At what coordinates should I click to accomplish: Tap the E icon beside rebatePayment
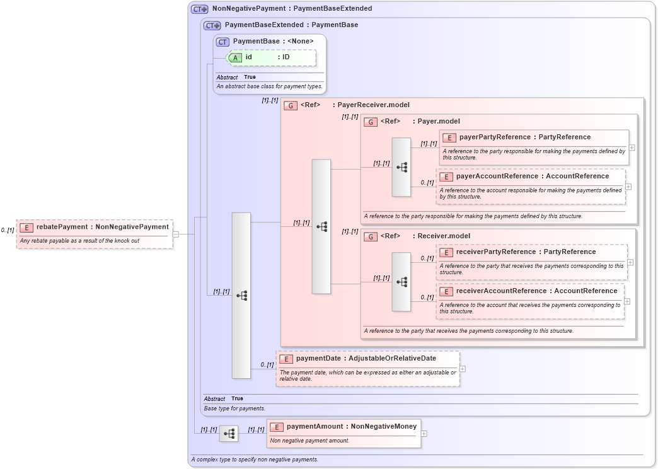pyautogui.click(x=26, y=228)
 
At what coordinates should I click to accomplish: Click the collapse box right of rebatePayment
pyautogui.click(x=176, y=234)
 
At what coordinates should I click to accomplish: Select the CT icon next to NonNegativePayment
pyautogui.click(x=200, y=9)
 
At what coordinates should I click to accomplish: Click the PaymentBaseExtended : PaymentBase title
pyautogui.click(x=291, y=25)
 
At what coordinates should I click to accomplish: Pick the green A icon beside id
pyautogui.click(x=235, y=57)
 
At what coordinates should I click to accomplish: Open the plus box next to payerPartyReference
pyautogui.click(x=632, y=148)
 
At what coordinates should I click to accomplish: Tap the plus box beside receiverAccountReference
pyautogui.click(x=627, y=301)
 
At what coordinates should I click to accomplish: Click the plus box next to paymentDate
pyautogui.click(x=463, y=369)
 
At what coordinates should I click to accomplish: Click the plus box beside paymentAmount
pyautogui.click(x=424, y=434)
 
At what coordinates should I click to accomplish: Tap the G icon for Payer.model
pyautogui.click(x=371, y=122)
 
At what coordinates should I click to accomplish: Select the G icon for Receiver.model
pyautogui.click(x=371, y=236)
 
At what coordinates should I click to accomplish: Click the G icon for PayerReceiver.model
pyautogui.click(x=291, y=106)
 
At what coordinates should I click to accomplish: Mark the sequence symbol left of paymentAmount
pyautogui.click(x=229, y=434)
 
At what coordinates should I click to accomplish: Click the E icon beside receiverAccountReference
pyautogui.click(x=446, y=292)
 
